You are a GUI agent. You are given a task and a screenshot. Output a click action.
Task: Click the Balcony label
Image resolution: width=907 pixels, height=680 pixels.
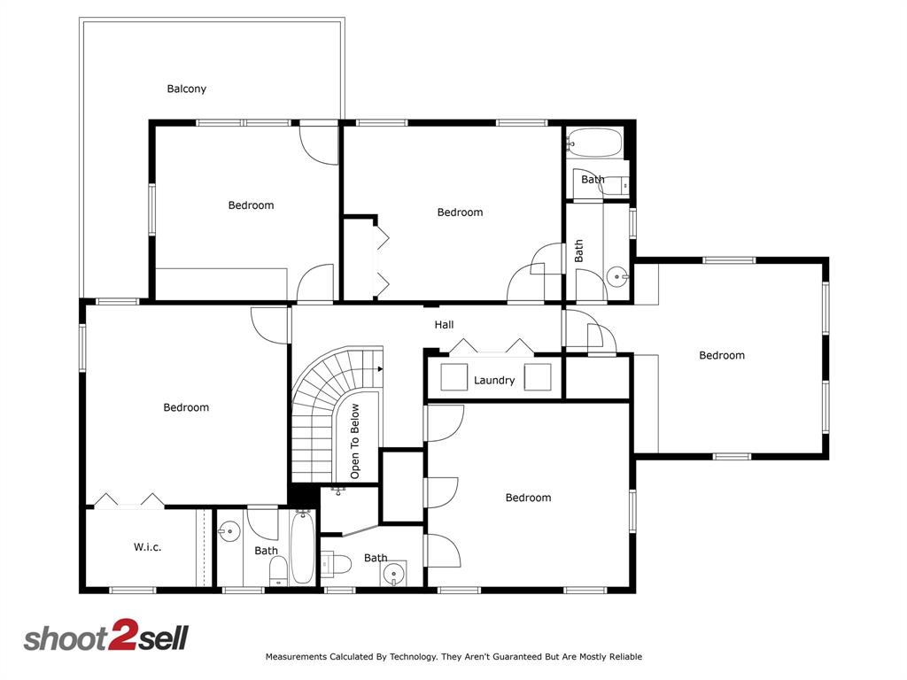187,89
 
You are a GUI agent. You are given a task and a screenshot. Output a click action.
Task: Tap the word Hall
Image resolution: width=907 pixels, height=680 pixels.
444,325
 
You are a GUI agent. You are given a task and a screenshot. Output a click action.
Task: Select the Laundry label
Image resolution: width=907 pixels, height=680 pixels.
494,381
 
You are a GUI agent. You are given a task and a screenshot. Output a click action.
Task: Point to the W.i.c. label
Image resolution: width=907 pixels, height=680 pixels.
147,547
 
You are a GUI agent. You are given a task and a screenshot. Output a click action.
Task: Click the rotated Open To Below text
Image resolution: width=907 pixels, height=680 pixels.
355,442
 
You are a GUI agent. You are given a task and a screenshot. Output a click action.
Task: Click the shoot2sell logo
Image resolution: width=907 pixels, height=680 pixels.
105,637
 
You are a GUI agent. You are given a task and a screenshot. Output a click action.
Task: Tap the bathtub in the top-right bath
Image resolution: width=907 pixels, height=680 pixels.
595,141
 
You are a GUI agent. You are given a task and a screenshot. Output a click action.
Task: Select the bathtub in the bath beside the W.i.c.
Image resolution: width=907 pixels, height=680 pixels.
302,548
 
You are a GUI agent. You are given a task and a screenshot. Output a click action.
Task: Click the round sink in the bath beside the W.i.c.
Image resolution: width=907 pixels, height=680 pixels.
229,532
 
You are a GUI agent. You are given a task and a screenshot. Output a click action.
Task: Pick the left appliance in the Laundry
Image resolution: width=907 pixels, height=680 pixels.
454,376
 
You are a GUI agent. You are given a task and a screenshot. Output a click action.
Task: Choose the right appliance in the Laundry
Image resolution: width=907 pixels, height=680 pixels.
538,376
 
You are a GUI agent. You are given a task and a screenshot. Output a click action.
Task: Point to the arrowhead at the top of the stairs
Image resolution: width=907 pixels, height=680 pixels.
380,367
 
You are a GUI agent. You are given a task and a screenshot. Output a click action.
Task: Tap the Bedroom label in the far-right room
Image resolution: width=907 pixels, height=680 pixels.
722,355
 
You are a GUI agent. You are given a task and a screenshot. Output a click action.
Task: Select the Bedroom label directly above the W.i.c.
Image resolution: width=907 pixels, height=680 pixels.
186,407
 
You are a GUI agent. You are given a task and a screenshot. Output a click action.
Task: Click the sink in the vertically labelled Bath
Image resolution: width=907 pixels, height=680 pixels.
616,277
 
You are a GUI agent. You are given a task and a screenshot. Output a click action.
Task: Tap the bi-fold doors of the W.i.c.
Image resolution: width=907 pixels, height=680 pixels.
129,501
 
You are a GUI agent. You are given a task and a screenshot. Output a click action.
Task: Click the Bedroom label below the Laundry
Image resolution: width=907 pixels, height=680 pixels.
528,498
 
